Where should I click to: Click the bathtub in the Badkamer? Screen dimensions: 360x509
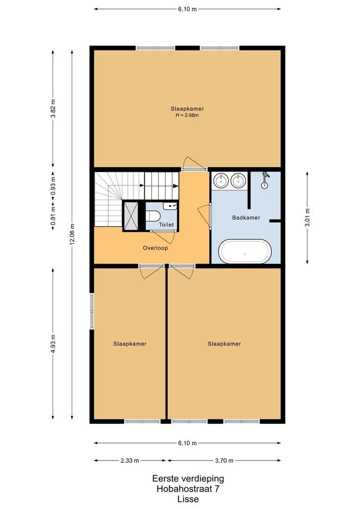245,252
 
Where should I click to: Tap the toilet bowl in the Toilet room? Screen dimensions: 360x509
152,215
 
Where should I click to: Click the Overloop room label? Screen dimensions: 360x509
155,248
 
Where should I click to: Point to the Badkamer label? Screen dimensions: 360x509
246,217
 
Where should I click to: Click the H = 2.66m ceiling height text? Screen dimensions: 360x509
187,115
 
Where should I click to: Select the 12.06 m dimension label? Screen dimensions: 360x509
72,234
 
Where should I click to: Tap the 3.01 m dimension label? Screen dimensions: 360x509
307,218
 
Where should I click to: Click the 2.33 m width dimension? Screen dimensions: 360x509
130,460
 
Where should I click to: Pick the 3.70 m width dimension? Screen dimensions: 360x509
224,460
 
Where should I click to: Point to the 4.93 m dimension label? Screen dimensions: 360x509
53,344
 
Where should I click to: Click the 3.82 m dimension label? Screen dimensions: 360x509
53,108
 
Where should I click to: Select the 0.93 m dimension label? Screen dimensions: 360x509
53,185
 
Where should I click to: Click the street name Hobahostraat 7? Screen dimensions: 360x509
188,489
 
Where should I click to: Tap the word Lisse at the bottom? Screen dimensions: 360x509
188,499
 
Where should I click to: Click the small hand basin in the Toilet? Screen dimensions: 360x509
170,206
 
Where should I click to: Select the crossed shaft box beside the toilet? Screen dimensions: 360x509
131,215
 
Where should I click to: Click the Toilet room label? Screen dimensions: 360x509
166,225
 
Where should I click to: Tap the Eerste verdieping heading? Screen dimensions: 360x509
188,478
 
